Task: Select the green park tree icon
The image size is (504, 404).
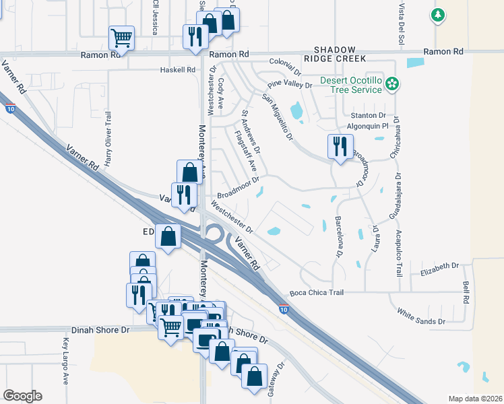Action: tap(438, 15)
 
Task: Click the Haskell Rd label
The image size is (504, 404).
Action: tap(177, 70)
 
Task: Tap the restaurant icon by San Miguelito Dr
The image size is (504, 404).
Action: tap(338, 146)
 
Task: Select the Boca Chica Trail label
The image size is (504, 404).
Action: tap(317, 293)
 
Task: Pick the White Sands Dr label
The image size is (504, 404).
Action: tap(421, 316)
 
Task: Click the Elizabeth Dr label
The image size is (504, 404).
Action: tap(439, 269)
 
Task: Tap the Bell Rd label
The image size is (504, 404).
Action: tap(466, 292)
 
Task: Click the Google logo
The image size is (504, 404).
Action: tap(22, 396)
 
